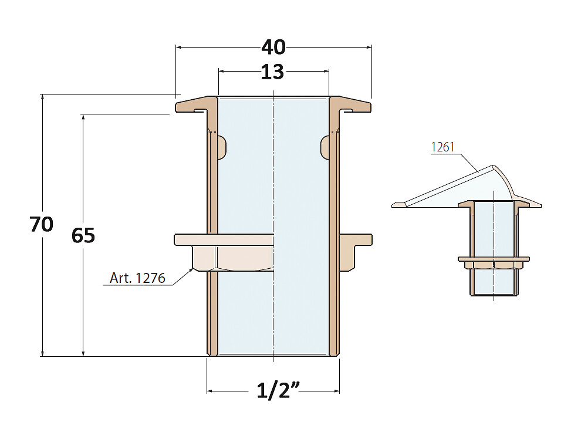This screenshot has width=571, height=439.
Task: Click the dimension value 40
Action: point(273,48)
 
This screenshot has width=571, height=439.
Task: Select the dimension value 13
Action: point(272,72)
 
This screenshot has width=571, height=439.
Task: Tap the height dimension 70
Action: point(42,224)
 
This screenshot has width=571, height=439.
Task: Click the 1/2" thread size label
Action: point(278,390)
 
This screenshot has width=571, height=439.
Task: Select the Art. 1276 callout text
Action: point(137,278)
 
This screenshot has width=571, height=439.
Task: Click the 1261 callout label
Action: point(443,147)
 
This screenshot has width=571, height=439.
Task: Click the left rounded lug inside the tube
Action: point(222,147)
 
